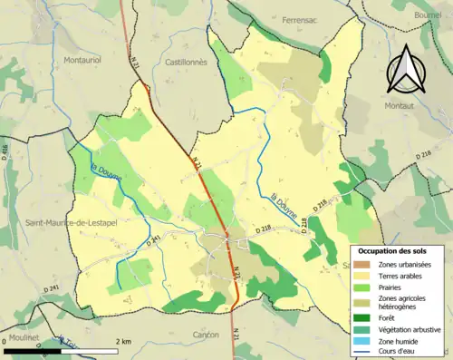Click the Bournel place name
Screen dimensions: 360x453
point(433,15)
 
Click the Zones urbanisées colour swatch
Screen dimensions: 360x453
point(361,263)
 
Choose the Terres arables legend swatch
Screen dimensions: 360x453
point(361,276)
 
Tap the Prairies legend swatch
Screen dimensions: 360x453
point(361,288)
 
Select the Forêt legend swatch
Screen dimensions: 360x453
point(361,317)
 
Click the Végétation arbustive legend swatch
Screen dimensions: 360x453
point(361,329)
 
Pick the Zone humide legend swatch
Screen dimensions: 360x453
point(361,342)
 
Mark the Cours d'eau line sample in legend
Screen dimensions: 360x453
point(361,353)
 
